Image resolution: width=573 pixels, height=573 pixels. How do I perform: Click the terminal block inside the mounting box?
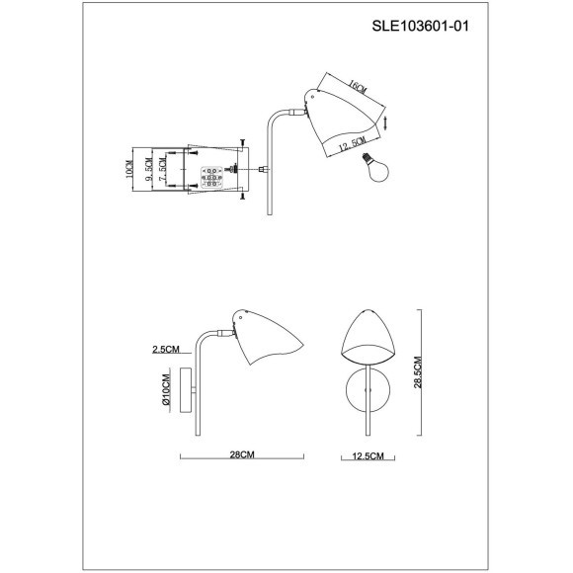click(212, 178)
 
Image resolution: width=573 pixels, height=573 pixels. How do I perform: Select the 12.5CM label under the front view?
click(367, 455)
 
